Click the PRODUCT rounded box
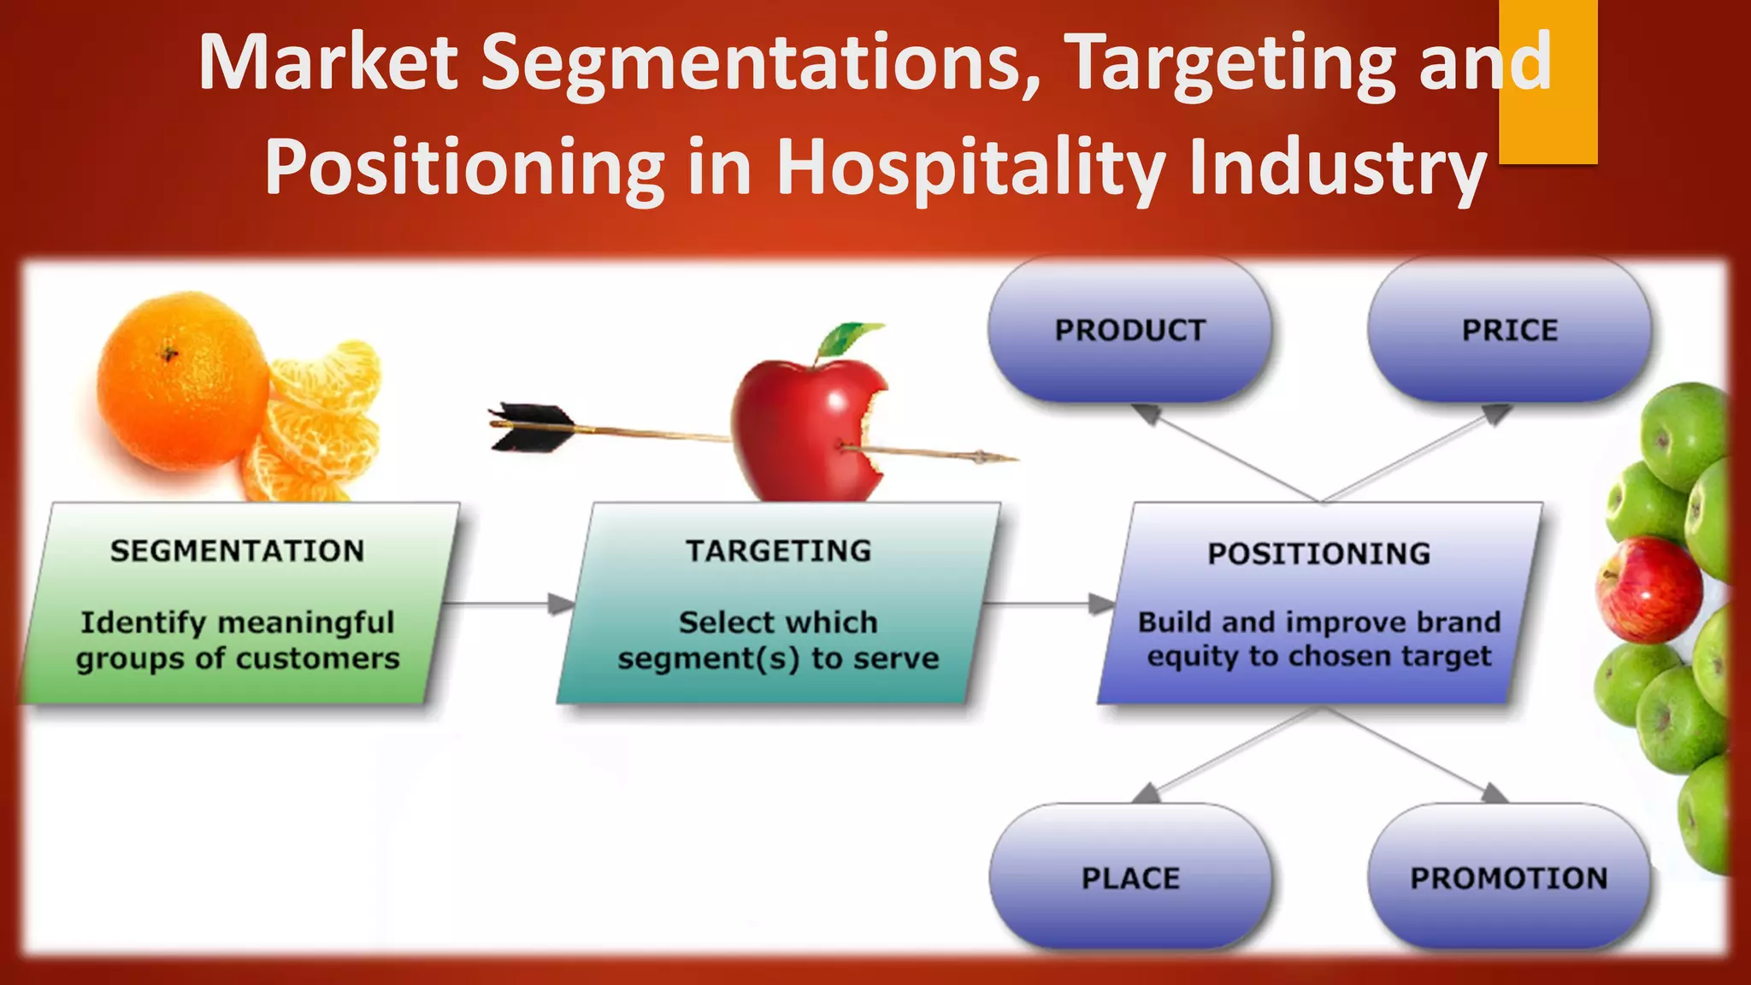click(x=1129, y=330)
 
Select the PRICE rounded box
click(x=1509, y=330)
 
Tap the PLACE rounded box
click(x=1130, y=877)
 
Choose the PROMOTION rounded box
click(x=1509, y=877)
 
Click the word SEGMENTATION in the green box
click(x=238, y=551)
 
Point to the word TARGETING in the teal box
click(x=778, y=551)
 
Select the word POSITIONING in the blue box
click(x=1318, y=554)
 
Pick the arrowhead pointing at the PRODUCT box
click(x=1147, y=414)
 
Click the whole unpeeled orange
click(x=182, y=380)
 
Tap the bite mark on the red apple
click(x=876, y=428)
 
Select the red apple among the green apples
click(x=1648, y=590)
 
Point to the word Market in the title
click(x=328, y=62)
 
